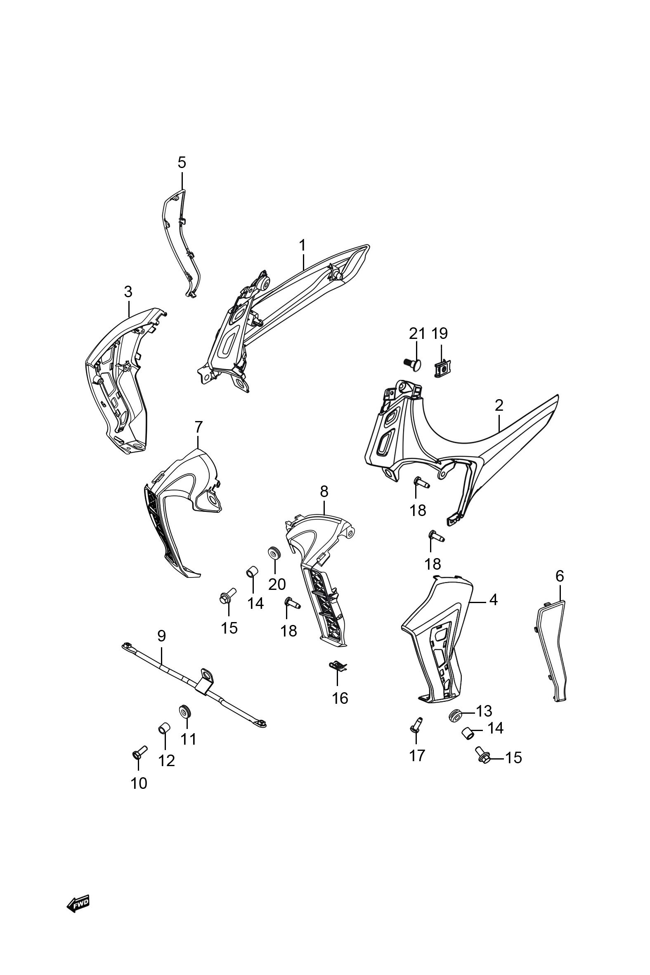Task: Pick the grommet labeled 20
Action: coord(274,553)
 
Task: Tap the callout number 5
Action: coord(182,163)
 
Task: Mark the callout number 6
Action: coord(560,576)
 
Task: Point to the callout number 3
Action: coord(128,292)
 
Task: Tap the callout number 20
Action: coord(277,584)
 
